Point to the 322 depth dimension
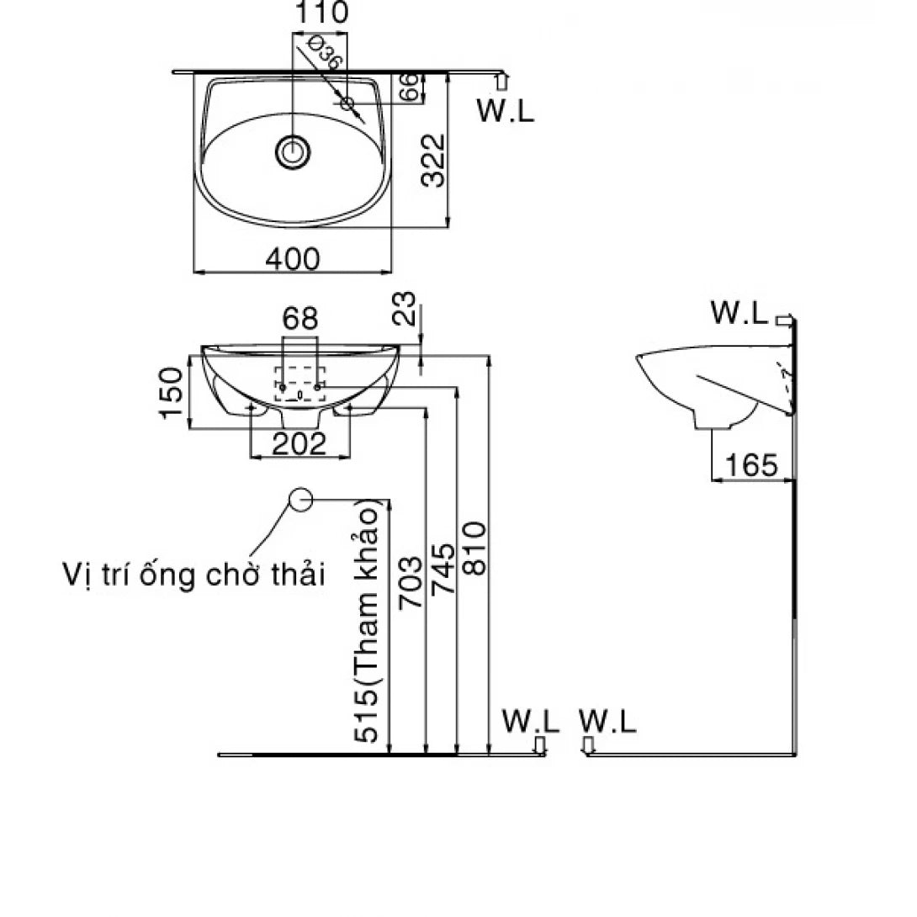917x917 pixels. [x=432, y=159]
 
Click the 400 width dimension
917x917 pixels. [x=292, y=259]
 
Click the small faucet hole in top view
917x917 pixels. [x=347, y=103]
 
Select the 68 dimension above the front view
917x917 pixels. [x=300, y=319]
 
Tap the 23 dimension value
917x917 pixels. [x=405, y=310]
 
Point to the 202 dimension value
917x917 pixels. [x=300, y=443]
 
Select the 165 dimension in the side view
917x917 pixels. [x=750, y=464]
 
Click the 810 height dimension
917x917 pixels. [x=474, y=549]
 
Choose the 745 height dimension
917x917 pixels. [x=443, y=569]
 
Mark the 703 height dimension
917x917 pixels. [x=411, y=580]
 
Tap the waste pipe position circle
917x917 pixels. [x=301, y=499]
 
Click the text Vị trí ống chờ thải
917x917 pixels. [x=193, y=575]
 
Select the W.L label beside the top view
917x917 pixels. [x=505, y=111]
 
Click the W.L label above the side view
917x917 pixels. [x=739, y=314]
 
